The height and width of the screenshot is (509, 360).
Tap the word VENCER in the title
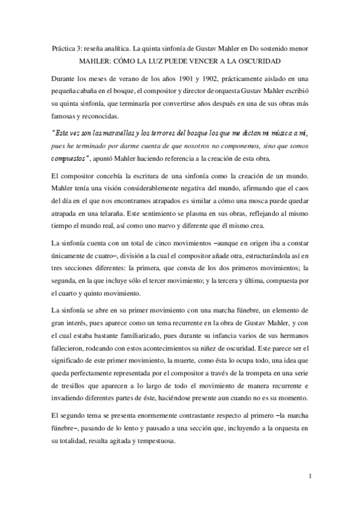207,61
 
